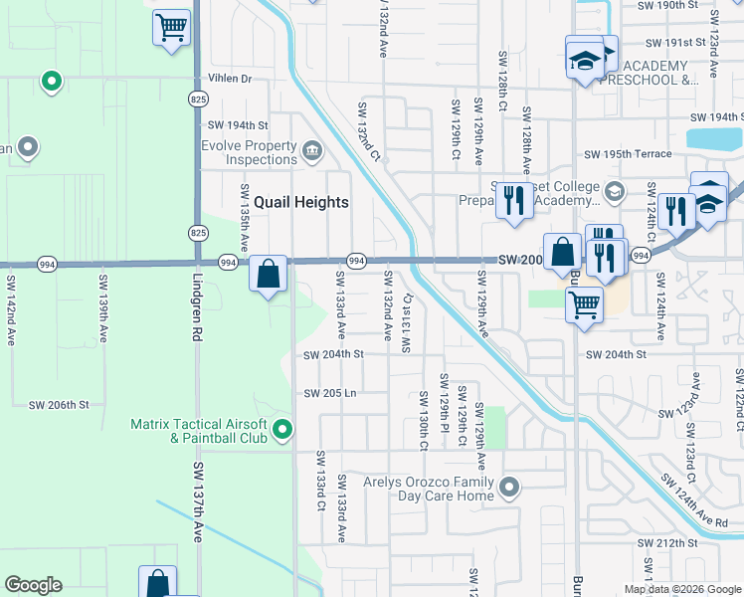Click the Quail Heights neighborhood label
300,202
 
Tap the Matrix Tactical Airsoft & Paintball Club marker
283,430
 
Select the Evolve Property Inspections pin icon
312,151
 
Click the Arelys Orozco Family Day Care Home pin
509,488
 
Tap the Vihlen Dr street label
230,78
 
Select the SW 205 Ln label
330,393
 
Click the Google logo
33,585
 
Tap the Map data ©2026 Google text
682,589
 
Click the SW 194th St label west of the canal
239,125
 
